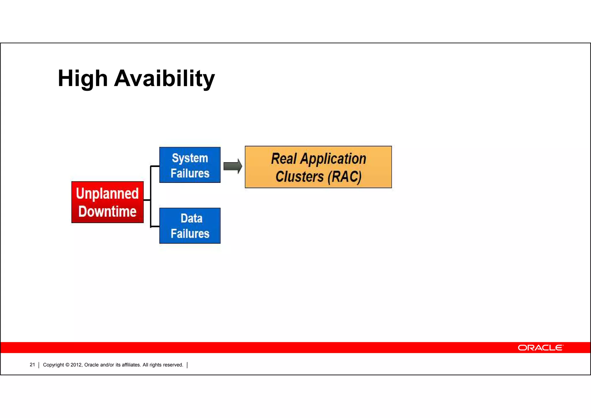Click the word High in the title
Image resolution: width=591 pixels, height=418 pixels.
pyautogui.click(x=83, y=79)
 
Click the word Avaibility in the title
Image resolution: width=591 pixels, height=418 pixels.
pyautogui.click(x=164, y=79)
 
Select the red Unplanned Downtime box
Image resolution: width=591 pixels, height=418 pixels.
pyautogui.click(x=107, y=202)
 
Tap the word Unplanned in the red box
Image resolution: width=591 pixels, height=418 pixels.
pyautogui.click(x=107, y=194)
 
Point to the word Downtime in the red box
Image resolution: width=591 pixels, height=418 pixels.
pyautogui.click(x=107, y=211)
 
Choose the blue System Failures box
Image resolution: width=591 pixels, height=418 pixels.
pyautogui.click(x=190, y=165)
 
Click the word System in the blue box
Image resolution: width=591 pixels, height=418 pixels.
pyautogui.click(x=190, y=158)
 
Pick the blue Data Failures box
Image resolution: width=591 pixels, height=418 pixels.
pyautogui.click(x=190, y=226)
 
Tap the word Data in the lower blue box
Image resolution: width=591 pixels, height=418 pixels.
pyautogui.click(x=191, y=218)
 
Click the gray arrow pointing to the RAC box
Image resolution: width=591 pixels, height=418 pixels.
pyautogui.click(x=233, y=166)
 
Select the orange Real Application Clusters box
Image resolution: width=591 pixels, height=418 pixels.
pyautogui.click(x=318, y=167)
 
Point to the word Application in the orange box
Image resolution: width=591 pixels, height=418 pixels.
pyautogui.click(x=333, y=159)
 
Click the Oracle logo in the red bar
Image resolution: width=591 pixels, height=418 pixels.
pyautogui.click(x=540, y=348)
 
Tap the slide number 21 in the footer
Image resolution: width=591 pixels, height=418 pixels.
pyautogui.click(x=32, y=365)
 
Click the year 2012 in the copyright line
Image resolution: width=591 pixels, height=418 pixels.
pyautogui.click(x=76, y=365)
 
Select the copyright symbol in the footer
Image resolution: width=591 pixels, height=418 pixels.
pyautogui.click(x=67, y=365)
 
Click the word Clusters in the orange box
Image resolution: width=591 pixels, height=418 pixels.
pyautogui.click(x=300, y=177)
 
